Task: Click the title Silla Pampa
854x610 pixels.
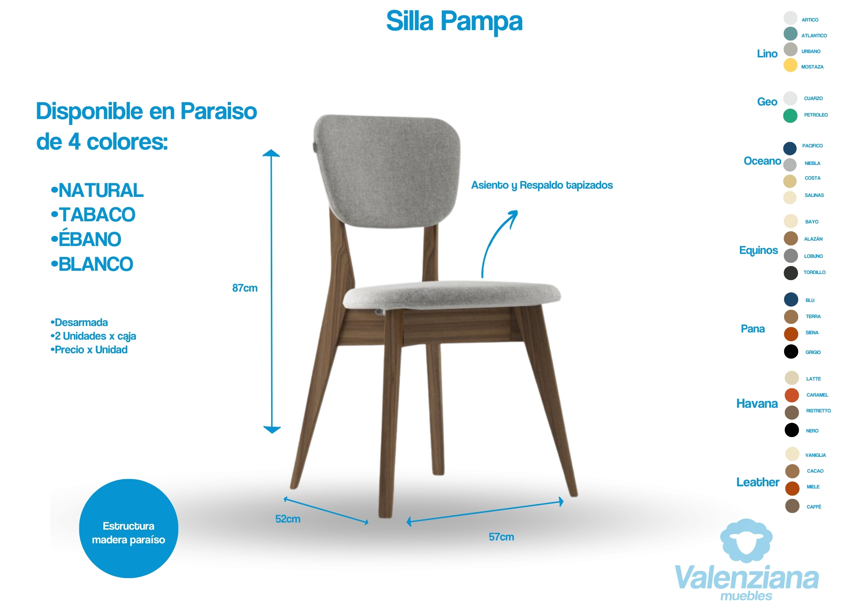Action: [454, 22]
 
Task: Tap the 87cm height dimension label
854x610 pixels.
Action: [245, 288]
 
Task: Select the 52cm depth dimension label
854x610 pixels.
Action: [288, 519]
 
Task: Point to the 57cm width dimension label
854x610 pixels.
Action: [501, 537]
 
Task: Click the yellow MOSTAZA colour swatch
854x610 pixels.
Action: [791, 65]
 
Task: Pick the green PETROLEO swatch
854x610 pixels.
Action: [791, 116]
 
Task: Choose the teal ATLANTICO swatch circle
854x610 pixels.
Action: [791, 34]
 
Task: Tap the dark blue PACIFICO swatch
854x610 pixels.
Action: [790, 148]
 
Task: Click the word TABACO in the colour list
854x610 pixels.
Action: [97, 215]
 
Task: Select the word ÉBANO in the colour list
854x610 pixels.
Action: [90, 238]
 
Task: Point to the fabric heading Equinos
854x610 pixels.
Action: [758, 251]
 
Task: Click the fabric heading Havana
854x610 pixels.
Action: [757, 404]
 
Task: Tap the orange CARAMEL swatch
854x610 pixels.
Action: [792, 396]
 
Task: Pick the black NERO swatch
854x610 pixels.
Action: [792, 430]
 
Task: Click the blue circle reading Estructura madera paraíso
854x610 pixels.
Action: [128, 529]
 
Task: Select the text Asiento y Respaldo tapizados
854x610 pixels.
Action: [542, 185]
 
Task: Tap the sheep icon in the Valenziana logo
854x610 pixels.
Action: [746, 540]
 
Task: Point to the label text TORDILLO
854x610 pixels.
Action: [815, 273]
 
